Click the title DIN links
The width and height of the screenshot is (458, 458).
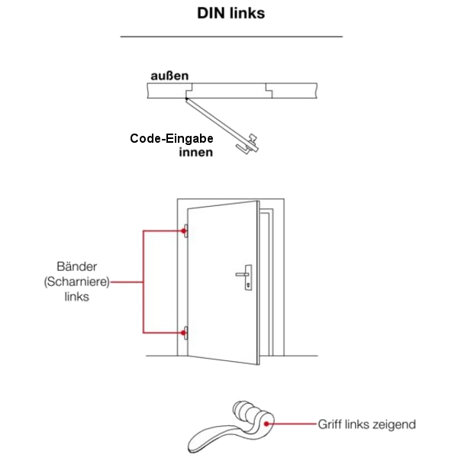pyautogui.click(x=231, y=13)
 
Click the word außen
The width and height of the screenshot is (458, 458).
pyautogui.click(x=169, y=76)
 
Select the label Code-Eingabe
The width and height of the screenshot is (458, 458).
pyautogui.click(x=170, y=139)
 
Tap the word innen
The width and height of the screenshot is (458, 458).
pyautogui.click(x=195, y=152)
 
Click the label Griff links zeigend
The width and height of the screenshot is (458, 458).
pyautogui.click(x=366, y=424)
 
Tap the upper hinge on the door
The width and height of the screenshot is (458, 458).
pyautogui.click(x=185, y=230)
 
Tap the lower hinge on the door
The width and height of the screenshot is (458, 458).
pyautogui.click(x=185, y=333)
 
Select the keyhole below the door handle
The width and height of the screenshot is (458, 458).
pyautogui.click(x=248, y=285)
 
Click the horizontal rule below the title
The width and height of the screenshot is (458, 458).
pyautogui.click(x=231, y=36)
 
